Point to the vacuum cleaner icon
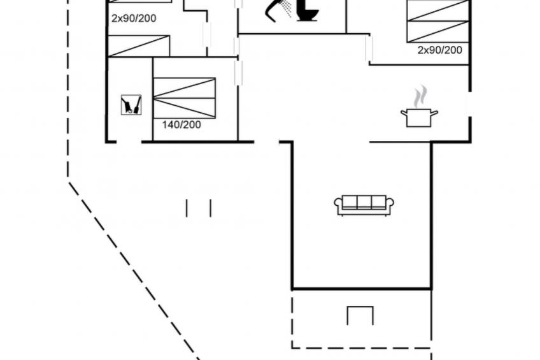point(131,104)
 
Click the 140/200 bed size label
point(181,125)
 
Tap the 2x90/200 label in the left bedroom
point(134,18)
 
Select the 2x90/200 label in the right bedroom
point(439,50)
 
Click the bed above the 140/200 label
point(185,98)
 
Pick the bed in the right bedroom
point(438,21)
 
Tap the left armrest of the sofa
point(338,204)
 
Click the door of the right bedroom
point(369,48)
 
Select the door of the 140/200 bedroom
point(239,73)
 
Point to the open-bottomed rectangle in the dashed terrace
point(360,315)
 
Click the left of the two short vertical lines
point(187,208)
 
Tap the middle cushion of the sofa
point(364,203)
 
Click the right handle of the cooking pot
point(434,113)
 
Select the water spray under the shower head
point(288,9)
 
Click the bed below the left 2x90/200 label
point(139,46)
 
